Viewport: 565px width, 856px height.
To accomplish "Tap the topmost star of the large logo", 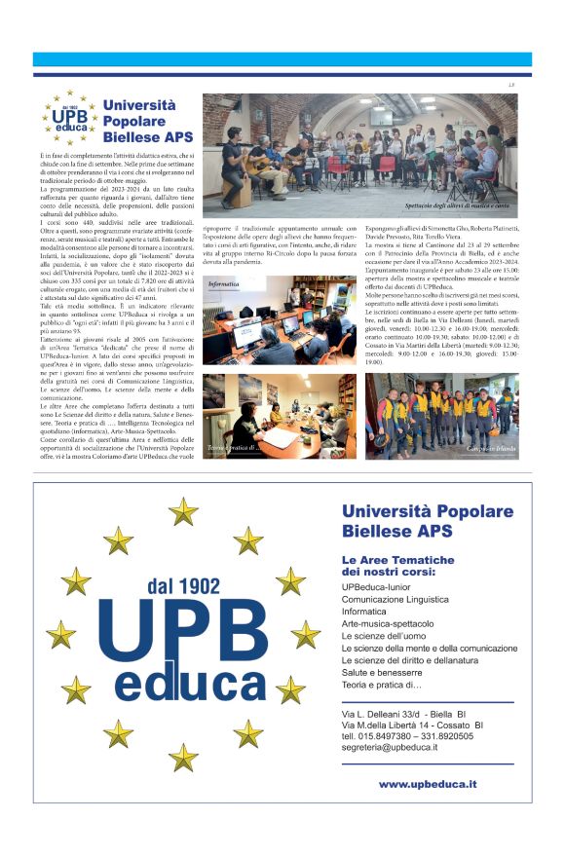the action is click(x=182, y=509).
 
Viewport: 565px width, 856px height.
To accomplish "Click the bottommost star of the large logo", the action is click(x=182, y=757).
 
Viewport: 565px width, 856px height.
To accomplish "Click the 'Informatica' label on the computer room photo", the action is click(x=223, y=284).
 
